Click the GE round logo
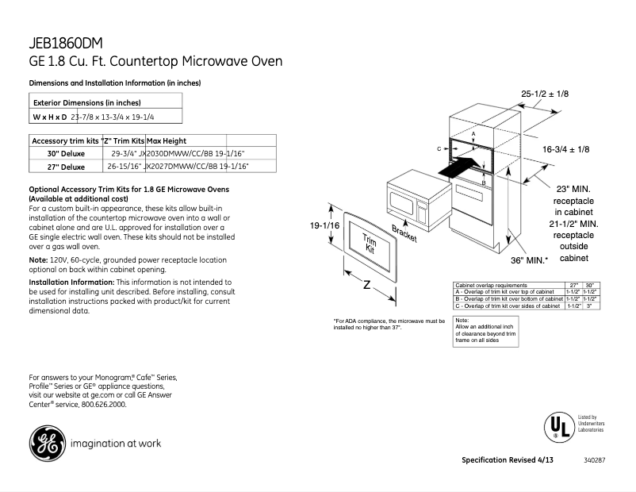click(47, 444)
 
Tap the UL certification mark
click(557, 427)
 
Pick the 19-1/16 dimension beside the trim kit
click(324, 226)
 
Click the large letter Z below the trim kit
click(366, 285)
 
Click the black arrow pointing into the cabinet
click(461, 167)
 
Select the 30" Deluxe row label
click(66, 153)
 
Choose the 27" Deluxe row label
click(66, 167)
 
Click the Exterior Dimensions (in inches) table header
click(86, 102)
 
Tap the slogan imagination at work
click(116, 444)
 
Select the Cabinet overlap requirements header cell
click(491, 284)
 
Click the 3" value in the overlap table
click(589, 306)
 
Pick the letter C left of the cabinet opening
click(438, 148)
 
